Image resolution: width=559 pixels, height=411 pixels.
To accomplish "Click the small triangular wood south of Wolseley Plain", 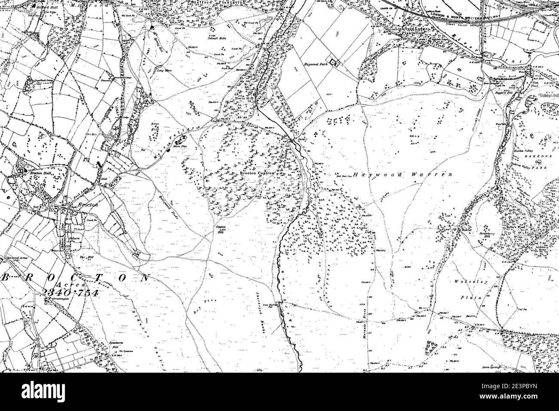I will click(431, 347).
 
